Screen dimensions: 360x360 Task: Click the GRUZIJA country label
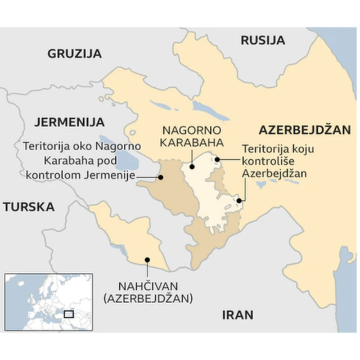[74, 54]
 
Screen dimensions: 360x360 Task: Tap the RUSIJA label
[263, 40]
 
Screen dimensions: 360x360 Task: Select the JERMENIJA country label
[69, 121]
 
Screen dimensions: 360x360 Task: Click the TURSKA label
[29, 207]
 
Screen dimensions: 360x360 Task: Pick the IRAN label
[237, 314]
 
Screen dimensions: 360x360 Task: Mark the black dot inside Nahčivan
[147, 260]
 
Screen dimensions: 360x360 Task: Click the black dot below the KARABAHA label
[192, 166]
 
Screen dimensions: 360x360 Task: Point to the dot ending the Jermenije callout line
[161, 177]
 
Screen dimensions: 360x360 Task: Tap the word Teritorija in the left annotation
[46, 147]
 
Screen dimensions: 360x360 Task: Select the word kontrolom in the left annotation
[52, 175]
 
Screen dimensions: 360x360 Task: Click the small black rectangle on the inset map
[69, 313]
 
